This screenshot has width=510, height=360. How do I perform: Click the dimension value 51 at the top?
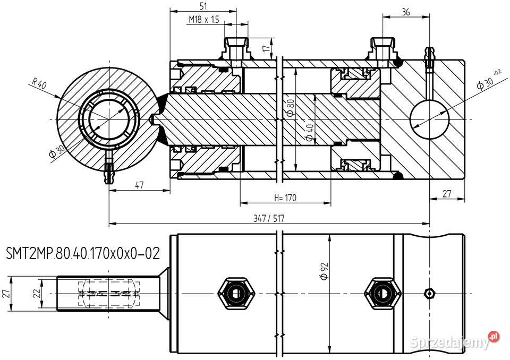pyautogui.click(x=202, y=6)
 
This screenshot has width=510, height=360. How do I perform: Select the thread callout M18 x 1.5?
pyautogui.click(x=204, y=19)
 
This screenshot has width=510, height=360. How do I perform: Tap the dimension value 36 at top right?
pyautogui.click(x=405, y=12)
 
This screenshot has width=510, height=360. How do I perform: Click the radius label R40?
pyautogui.click(x=39, y=84)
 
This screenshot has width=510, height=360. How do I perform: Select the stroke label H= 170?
pyautogui.click(x=285, y=198)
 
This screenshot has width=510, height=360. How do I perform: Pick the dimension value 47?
pyautogui.click(x=139, y=185)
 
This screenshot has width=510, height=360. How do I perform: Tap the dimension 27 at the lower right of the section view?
pyautogui.click(x=447, y=194)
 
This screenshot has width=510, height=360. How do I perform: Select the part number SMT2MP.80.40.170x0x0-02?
pyautogui.click(x=82, y=253)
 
